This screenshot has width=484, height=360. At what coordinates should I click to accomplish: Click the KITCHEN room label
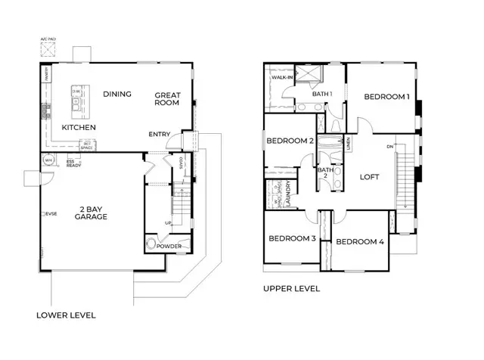point(79,127)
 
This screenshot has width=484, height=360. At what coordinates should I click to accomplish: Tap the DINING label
point(118,95)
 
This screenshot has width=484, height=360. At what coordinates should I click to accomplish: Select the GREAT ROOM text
point(167,100)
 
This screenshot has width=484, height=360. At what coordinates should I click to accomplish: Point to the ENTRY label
point(160,134)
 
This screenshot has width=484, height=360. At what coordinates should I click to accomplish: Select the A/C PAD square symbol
point(49,50)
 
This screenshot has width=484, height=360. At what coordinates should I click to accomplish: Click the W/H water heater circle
point(48,160)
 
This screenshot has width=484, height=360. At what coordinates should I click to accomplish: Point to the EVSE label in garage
point(51,214)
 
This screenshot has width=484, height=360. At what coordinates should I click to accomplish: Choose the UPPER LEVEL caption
point(291,288)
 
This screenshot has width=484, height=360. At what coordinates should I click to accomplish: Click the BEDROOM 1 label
point(386,97)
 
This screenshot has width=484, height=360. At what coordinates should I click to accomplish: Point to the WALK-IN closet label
point(282,78)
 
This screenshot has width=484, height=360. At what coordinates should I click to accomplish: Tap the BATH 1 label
point(323,94)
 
